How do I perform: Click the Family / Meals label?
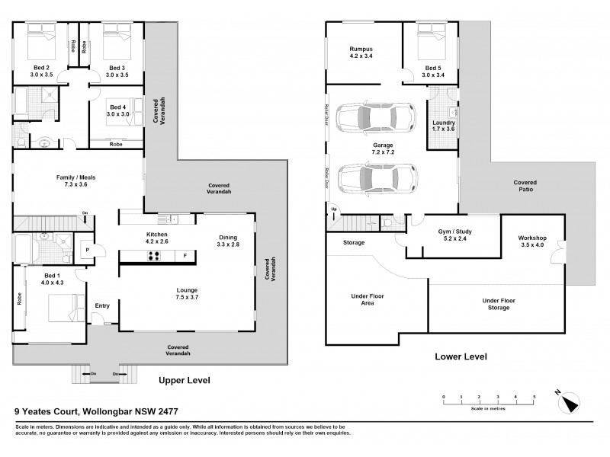(x=75, y=177)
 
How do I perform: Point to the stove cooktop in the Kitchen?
(x=156, y=255)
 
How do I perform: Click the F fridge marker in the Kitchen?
(x=185, y=256)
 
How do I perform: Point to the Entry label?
(x=102, y=305)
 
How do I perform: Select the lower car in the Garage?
(x=374, y=180)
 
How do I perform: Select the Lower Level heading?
(x=460, y=356)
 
